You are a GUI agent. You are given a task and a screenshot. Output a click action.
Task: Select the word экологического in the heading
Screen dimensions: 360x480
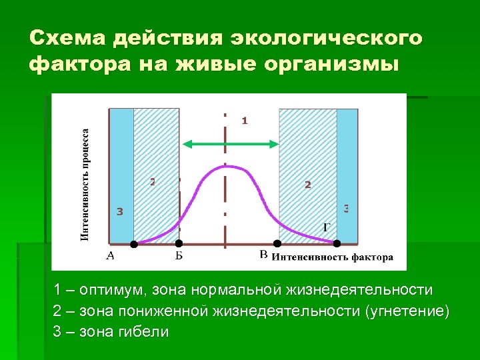[326, 38]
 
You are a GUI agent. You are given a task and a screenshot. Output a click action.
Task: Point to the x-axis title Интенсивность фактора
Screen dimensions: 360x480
[332, 257]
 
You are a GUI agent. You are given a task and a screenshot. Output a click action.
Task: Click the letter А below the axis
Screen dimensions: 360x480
[111, 255]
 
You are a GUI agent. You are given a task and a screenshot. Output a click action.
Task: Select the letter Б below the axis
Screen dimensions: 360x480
[179, 255]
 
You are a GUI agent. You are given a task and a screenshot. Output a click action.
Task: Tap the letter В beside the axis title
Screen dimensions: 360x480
[263, 255]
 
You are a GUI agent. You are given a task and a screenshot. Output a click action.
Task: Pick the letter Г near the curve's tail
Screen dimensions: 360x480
[327, 227]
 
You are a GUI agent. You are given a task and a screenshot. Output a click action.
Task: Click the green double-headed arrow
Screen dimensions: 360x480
[231, 143]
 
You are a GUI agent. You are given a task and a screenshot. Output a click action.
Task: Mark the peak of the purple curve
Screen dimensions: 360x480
[227, 165]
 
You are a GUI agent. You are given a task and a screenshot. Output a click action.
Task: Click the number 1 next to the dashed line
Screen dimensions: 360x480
[244, 121]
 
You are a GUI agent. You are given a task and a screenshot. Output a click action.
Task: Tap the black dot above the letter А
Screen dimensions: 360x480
[133, 244]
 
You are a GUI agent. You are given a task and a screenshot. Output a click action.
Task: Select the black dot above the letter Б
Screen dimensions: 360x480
[178, 244]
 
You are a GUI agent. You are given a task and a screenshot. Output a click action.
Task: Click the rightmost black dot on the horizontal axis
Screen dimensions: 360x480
[337, 243]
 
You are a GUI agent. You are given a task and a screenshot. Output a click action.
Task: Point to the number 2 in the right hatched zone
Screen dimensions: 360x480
[307, 185]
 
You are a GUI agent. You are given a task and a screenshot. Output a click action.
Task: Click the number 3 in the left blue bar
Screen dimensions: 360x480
[119, 213]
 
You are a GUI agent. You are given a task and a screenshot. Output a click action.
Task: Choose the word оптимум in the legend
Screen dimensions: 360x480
[112, 291]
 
